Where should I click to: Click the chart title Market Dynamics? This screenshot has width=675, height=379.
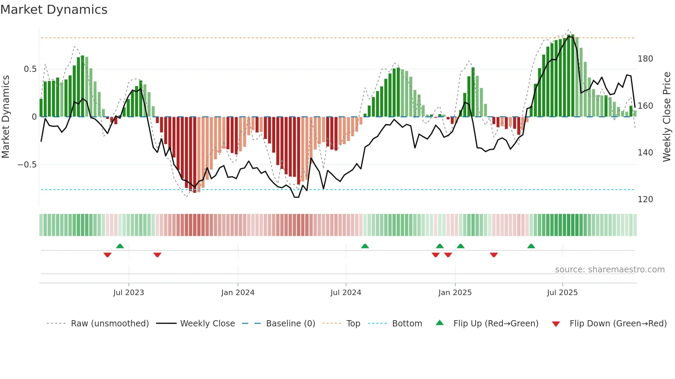pyautogui.click(x=54, y=10)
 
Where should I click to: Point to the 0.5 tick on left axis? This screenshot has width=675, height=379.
pyautogui.click(x=30, y=69)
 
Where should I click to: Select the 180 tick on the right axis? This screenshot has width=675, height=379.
pyautogui.click(x=645, y=59)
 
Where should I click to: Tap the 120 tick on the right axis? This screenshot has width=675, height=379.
pyautogui.click(x=645, y=199)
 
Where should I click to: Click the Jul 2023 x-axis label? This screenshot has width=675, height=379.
pyautogui.click(x=128, y=293)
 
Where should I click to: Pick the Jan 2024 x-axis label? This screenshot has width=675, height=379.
pyautogui.click(x=238, y=293)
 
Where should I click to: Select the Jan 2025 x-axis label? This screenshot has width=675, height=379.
pyautogui.click(x=455, y=293)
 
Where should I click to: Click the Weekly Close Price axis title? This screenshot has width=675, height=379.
pyautogui.click(x=667, y=117)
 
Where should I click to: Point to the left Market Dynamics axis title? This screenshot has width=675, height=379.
pyautogui.click(x=6, y=117)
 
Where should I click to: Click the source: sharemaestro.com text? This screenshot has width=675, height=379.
pyautogui.click(x=610, y=270)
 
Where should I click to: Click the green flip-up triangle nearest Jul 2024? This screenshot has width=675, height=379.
pyautogui.click(x=365, y=246)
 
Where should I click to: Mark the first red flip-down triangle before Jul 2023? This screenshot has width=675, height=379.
pyautogui.click(x=107, y=255)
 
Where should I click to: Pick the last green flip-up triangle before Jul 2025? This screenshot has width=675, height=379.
pyautogui.click(x=531, y=246)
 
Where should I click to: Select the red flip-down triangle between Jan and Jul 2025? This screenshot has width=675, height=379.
pyautogui.click(x=494, y=255)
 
